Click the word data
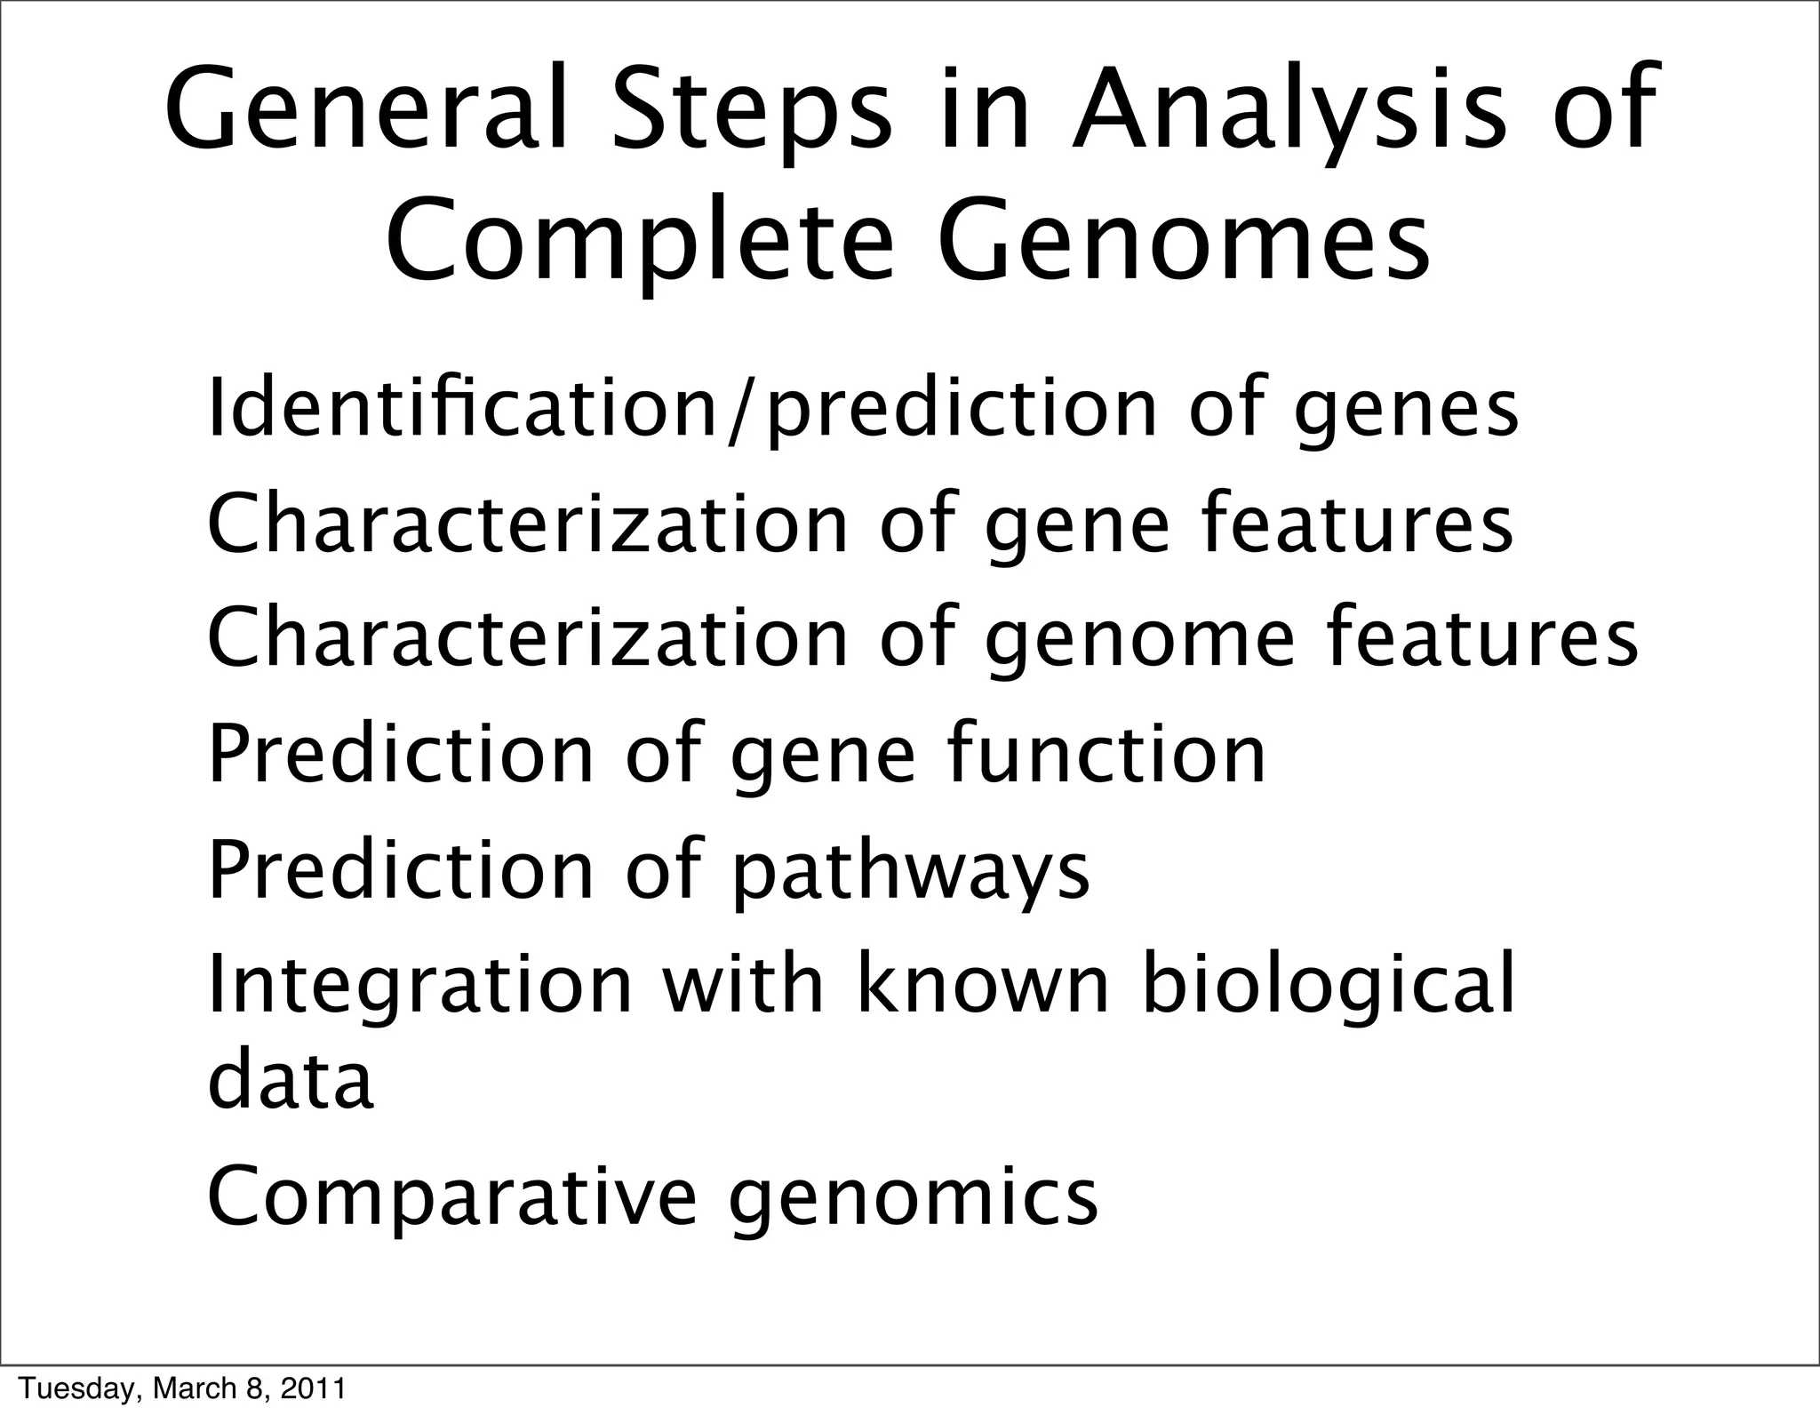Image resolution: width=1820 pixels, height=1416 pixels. tap(290, 1079)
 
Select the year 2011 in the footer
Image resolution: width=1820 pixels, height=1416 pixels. tap(313, 1388)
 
